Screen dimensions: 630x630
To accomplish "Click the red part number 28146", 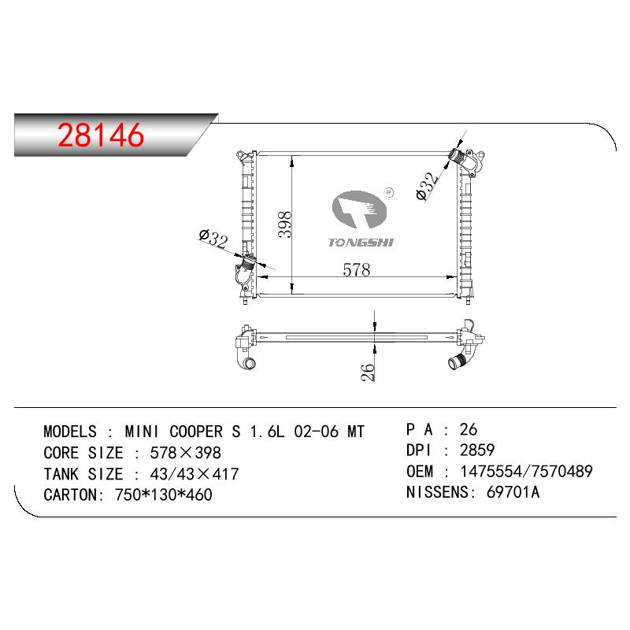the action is point(101,135).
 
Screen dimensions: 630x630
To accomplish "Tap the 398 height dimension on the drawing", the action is point(285,224).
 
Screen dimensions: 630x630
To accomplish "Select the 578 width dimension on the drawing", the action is point(357,269).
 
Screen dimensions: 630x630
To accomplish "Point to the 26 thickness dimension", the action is point(368,372).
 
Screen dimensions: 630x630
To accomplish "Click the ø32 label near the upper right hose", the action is point(428,186).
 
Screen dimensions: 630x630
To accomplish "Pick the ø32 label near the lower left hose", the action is point(213,239).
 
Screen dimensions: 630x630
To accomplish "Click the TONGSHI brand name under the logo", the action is point(361,243).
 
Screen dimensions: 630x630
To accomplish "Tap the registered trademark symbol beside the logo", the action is point(389,193).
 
